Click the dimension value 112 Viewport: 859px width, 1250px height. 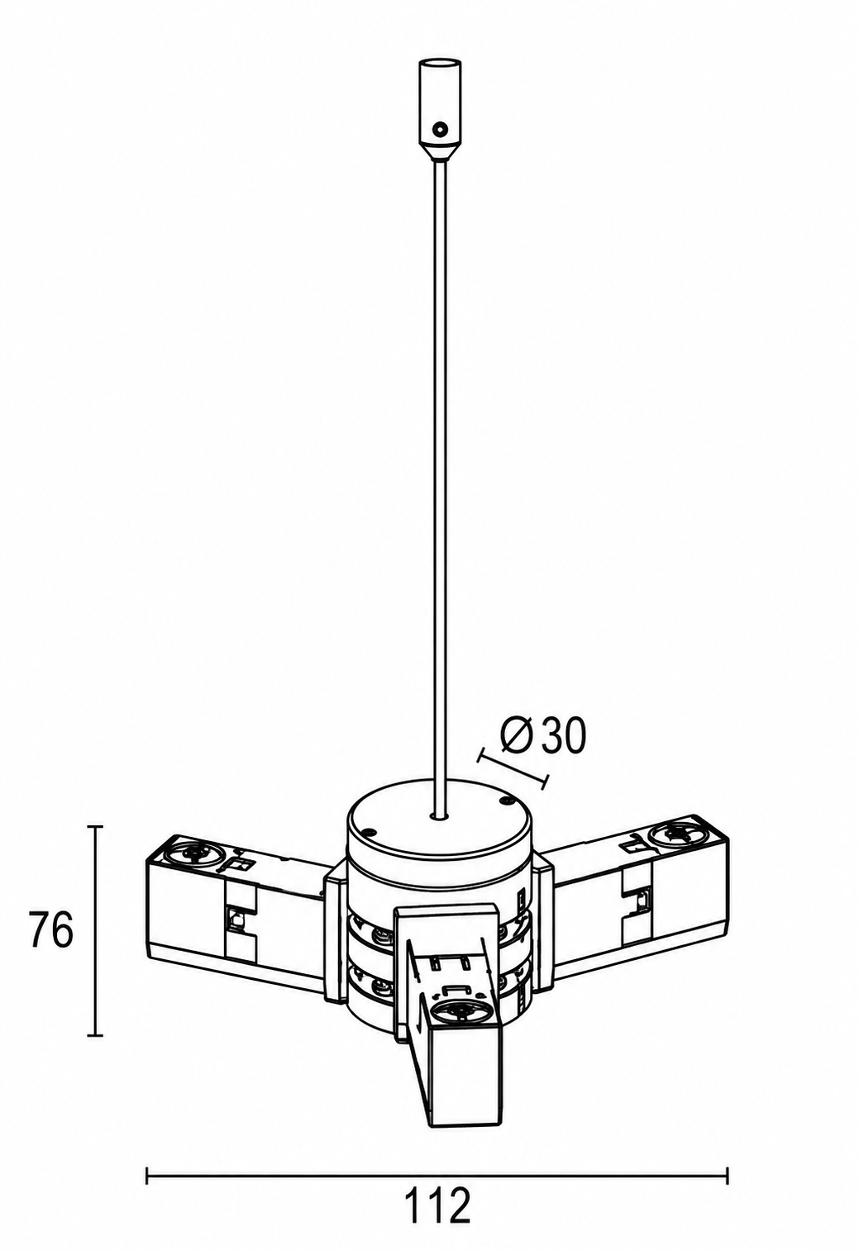437,1205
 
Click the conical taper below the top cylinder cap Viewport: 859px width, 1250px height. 441,151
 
